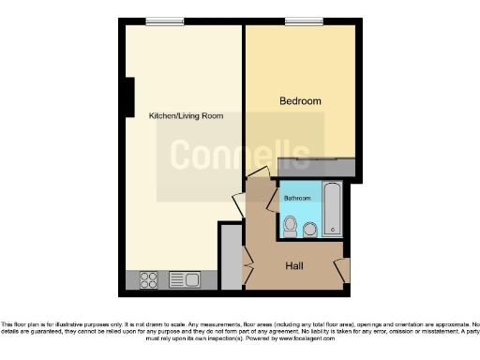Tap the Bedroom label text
pos(300,101)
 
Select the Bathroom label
pos(298,199)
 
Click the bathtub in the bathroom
pos(334,209)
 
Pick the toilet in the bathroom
pos(291,225)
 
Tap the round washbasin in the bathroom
pos(310,229)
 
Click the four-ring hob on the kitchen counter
pos(148,278)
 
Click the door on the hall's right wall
pos(342,269)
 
